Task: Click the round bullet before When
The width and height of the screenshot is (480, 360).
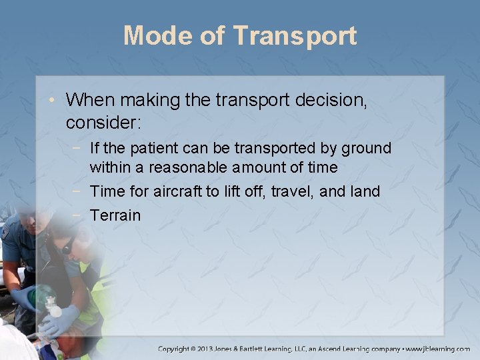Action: [x=56, y=101]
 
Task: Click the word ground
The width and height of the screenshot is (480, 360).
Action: [x=366, y=147]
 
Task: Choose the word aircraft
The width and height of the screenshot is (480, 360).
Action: [x=177, y=192]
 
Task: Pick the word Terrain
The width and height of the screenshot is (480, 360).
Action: [x=115, y=215]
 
